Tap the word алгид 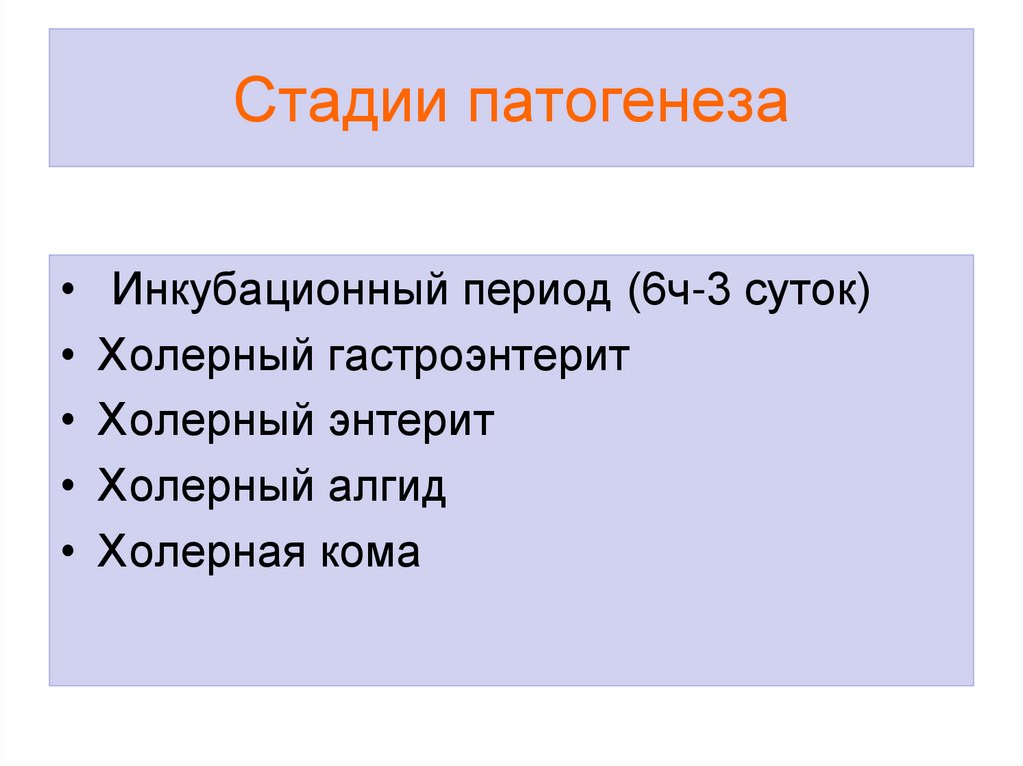click(x=383, y=486)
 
